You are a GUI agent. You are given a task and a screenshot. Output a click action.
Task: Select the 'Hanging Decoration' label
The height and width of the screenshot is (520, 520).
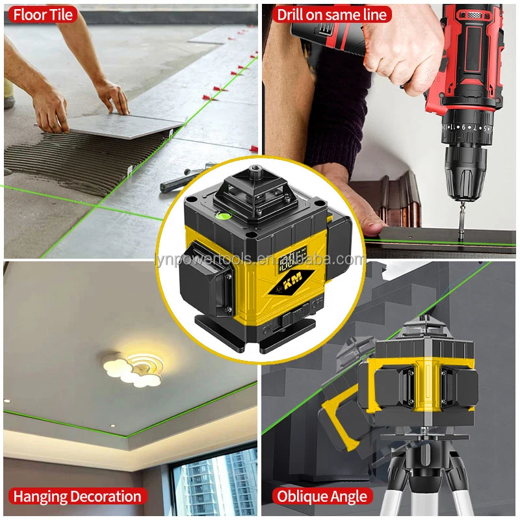[77, 497]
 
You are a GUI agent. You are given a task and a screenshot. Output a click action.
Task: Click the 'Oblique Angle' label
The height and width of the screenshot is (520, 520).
[322, 497]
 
